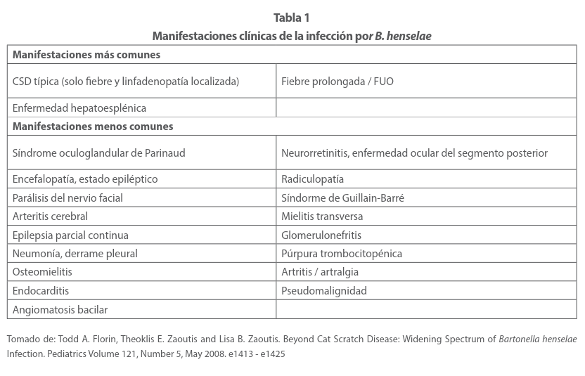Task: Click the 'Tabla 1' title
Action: (x=292, y=18)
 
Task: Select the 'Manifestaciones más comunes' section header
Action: (x=86, y=55)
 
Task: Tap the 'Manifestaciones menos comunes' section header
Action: (x=93, y=127)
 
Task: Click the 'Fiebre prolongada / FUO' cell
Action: (x=337, y=82)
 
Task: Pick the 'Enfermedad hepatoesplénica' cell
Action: (x=79, y=108)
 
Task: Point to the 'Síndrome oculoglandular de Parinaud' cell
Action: (x=99, y=153)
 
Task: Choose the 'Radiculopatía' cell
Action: (x=313, y=179)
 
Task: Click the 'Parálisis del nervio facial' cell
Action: (x=67, y=198)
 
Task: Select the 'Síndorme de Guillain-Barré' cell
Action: (x=342, y=198)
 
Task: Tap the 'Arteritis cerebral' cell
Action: (x=51, y=216)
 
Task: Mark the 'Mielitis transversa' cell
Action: (x=322, y=216)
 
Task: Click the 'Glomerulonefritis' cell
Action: (x=321, y=235)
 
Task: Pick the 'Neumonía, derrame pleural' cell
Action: (x=75, y=254)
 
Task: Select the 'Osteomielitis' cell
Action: (x=42, y=272)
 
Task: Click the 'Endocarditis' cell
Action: (x=41, y=291)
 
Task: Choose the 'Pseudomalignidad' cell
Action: (x=324, y=291)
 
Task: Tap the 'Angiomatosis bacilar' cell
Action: (x=60, y=310)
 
